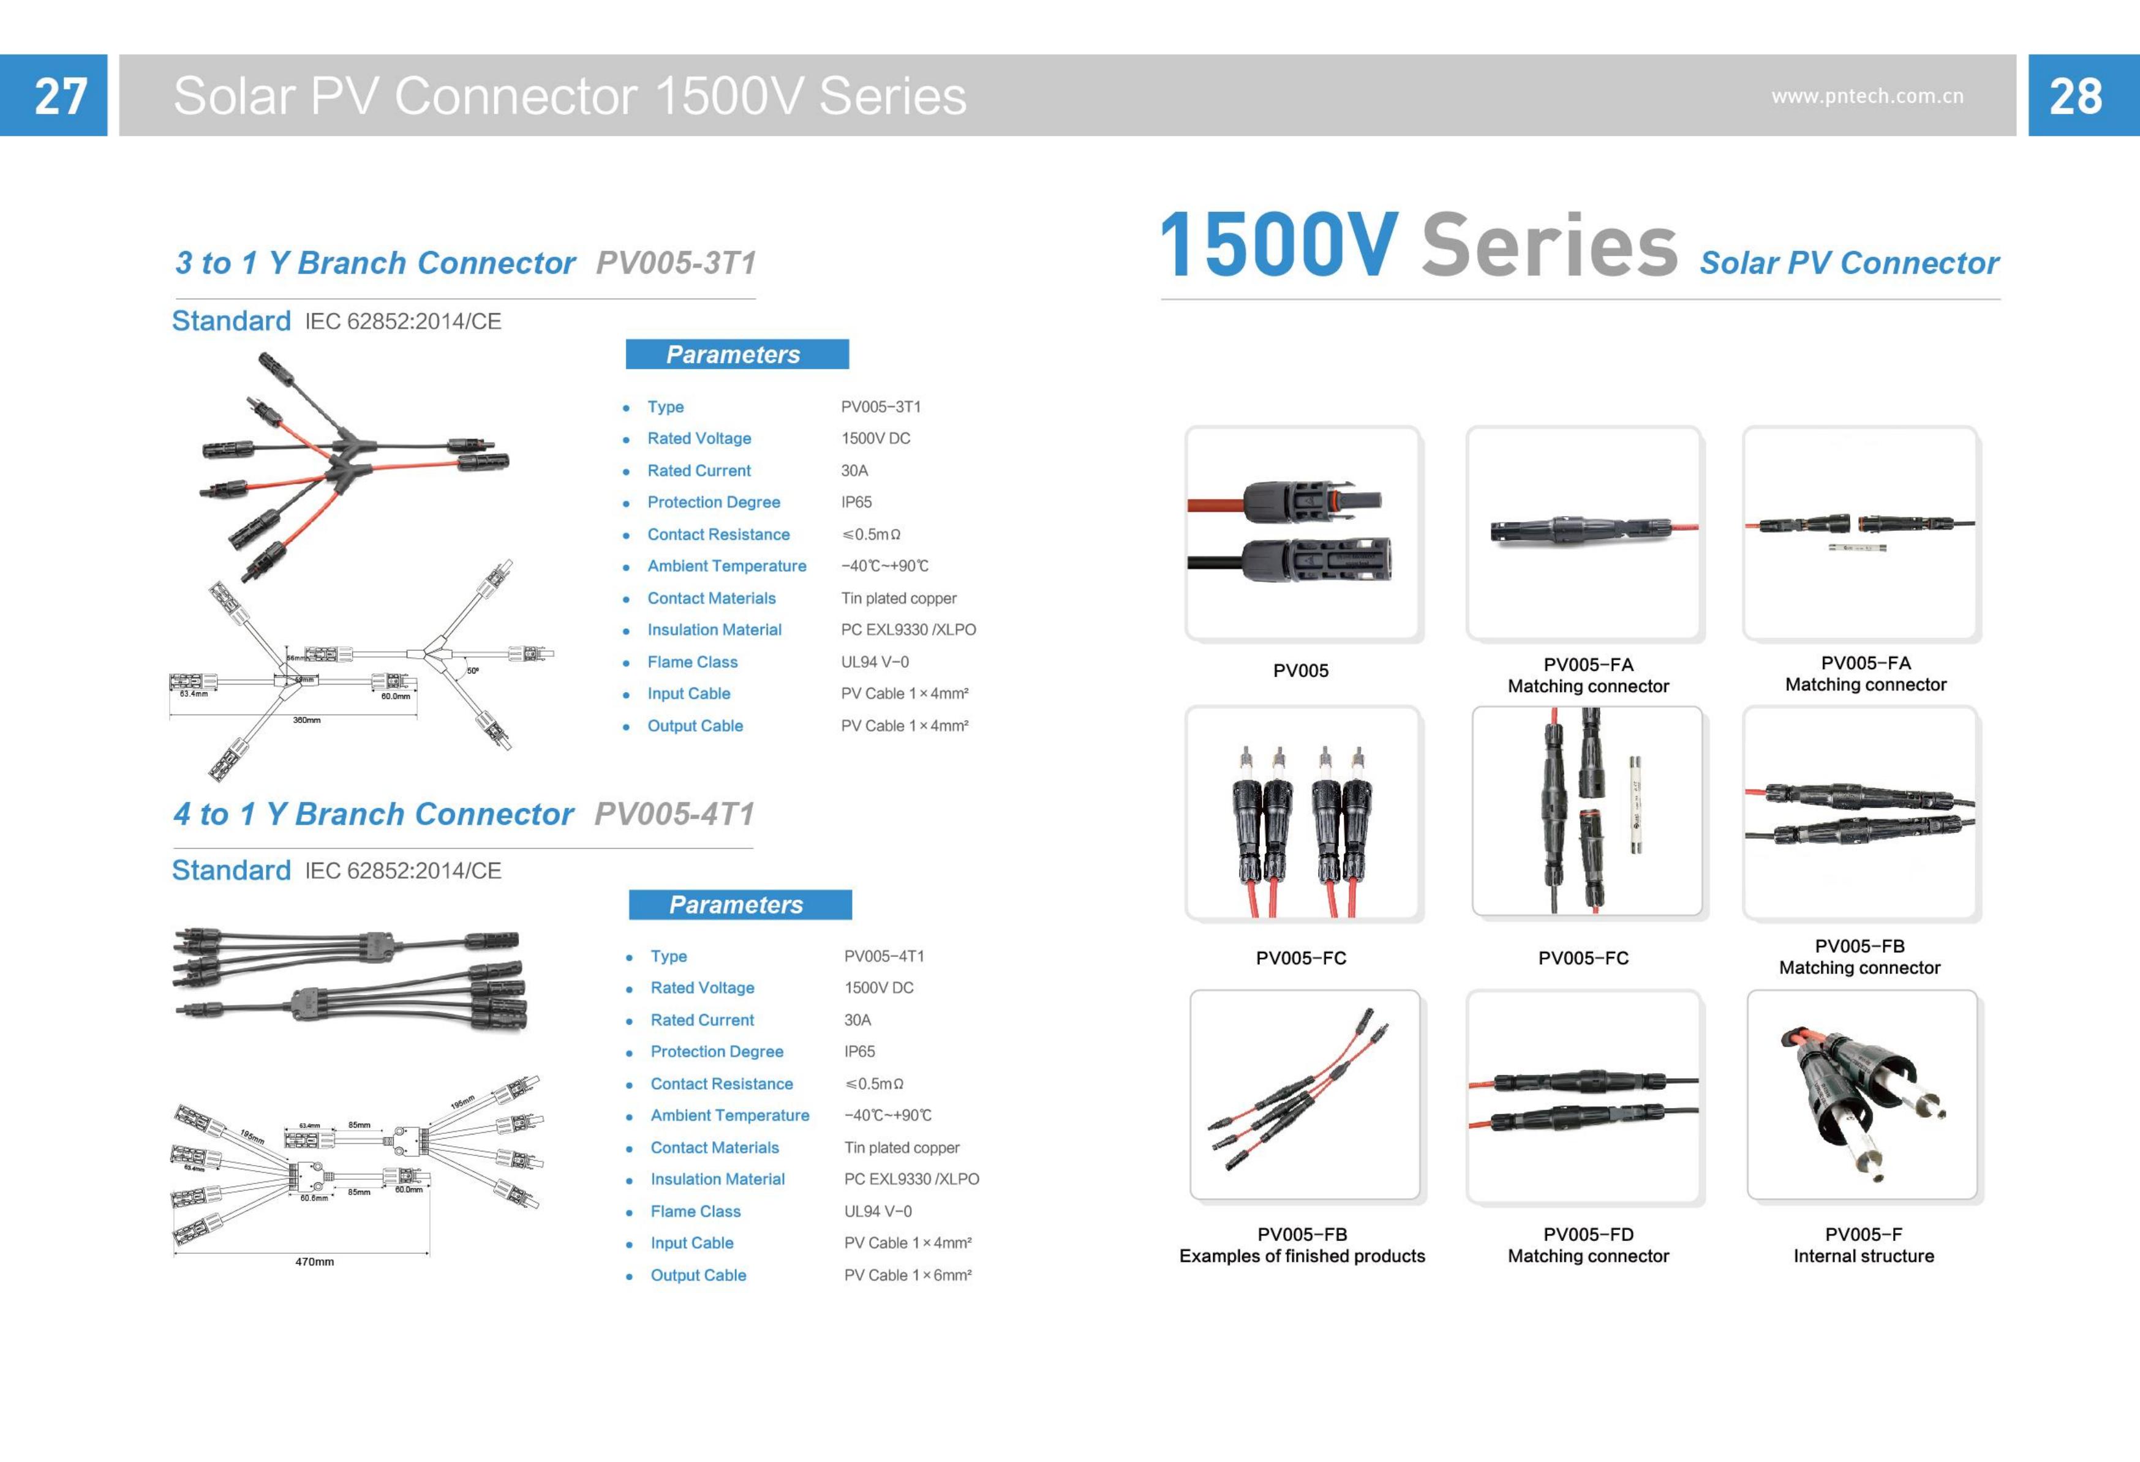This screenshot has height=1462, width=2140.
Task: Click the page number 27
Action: pos(61,96)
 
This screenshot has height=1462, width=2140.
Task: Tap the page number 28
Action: pos(2076,96)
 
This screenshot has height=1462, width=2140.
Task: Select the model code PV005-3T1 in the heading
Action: pos(676,263)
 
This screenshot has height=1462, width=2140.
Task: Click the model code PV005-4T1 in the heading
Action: pos(674,814)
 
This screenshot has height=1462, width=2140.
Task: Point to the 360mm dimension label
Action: pos(307,720)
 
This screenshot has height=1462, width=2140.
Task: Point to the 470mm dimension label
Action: pos(314,1261)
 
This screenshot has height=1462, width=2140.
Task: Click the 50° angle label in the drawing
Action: pos(472,670)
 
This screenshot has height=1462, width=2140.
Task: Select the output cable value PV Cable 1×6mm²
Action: pos(907,1275)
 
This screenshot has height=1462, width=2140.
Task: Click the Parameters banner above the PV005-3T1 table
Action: pos(737,354)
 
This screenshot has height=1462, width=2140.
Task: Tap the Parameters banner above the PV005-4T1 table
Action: pos(739,904)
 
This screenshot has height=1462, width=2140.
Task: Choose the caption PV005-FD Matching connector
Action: pos(1588,1245)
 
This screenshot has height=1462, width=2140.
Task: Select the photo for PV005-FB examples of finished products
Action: pos(1304,1095)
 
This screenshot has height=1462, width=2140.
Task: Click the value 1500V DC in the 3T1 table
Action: pos(875,438)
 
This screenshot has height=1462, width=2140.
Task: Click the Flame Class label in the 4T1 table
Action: pos(695,1212)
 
